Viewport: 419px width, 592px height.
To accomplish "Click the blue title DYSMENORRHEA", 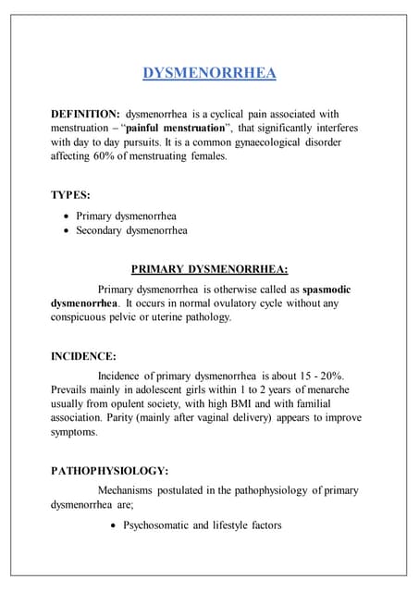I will [210, 73].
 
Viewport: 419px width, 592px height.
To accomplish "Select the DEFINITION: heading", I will [84, 113].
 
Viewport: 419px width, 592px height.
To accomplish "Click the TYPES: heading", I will [70, 195].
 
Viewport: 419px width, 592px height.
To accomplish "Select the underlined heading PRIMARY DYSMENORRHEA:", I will [210, 270].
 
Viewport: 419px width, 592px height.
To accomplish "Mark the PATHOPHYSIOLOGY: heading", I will [109, 470].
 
